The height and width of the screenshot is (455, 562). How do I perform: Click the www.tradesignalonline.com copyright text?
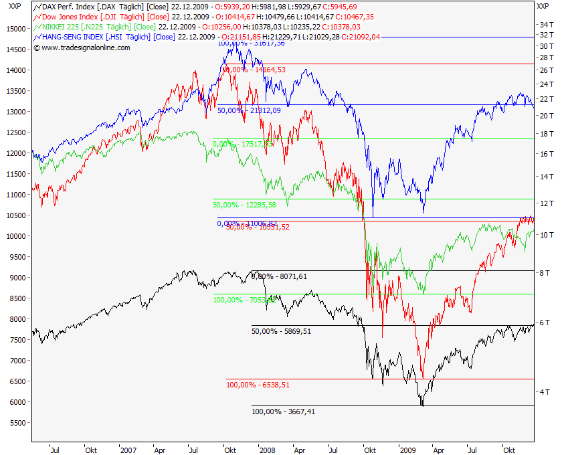(x=86, y=48)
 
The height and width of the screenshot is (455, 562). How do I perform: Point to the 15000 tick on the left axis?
(x=14, y=29)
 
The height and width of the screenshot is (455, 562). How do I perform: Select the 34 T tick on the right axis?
(x=547, y=24)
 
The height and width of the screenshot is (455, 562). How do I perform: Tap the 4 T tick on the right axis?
(x=545, y=391)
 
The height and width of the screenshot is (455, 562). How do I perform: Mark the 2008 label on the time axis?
(x=267, y=450)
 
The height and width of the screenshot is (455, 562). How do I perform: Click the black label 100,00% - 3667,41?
(x=283, y=412)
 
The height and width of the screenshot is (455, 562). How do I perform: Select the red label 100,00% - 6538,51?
(x=258, y=385)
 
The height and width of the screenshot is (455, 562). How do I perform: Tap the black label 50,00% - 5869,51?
(x=281, y=331)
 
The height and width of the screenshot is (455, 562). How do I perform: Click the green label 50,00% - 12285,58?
(x=244, y=205)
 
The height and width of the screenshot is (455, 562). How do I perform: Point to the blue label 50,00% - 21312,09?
(x=249, y=110)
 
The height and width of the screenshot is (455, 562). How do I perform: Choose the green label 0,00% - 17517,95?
(x=242, y=143)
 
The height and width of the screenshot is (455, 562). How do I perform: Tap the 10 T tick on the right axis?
(x=545, y=234)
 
